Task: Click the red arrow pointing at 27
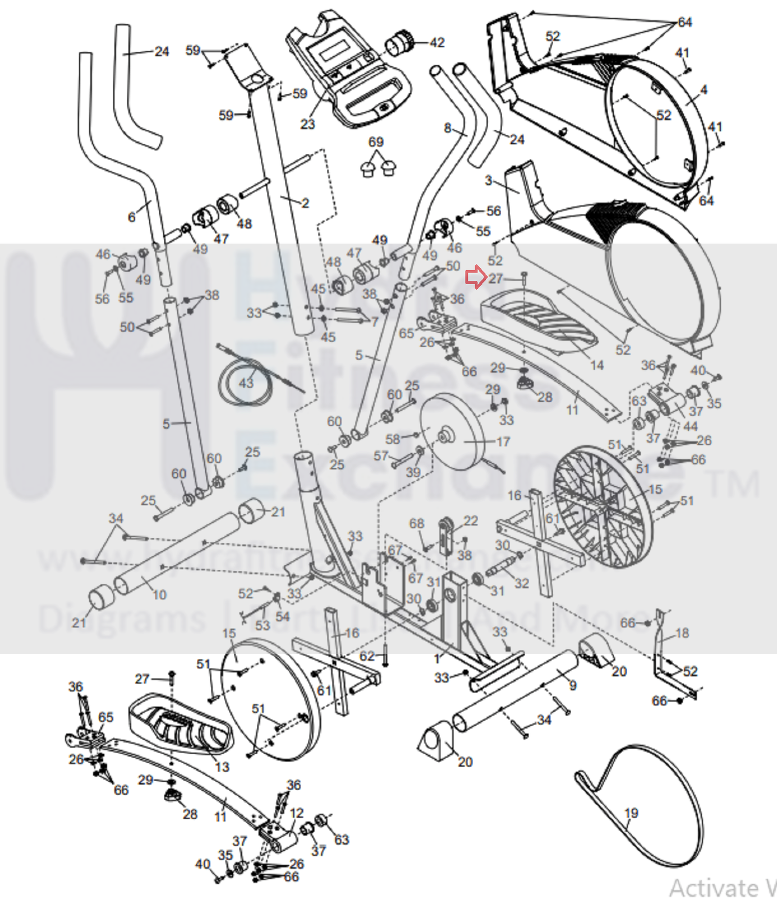click(476, 277)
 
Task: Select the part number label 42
click(437, 43)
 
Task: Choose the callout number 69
click(376, 142)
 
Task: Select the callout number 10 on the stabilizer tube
click(159, 595)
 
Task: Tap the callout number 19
click(631, 813)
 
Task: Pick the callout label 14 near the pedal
click(596, 366)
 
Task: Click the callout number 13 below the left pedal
click(222, 767)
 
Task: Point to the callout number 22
click(471, 521)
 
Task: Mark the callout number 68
click(416, 523)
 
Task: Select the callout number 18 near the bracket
click(682, 633)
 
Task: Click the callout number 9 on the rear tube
click(572, 685)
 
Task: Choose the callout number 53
click(263, 625)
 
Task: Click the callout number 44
click(691, 426)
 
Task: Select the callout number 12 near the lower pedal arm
click(296, 813)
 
